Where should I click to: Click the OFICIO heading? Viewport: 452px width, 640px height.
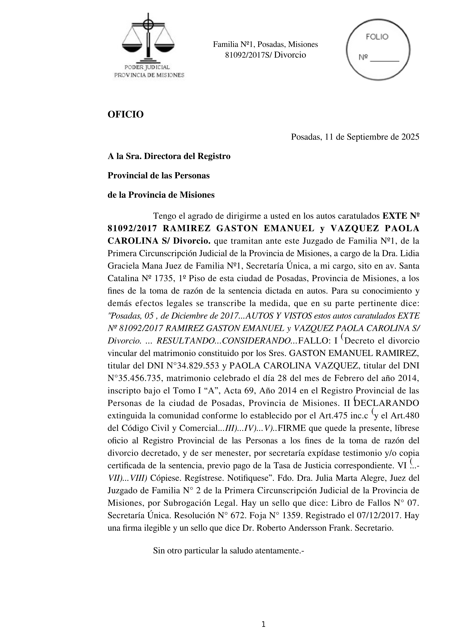126,114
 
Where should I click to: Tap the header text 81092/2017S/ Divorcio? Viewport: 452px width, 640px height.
265,55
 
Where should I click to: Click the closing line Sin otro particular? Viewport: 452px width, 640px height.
228,551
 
